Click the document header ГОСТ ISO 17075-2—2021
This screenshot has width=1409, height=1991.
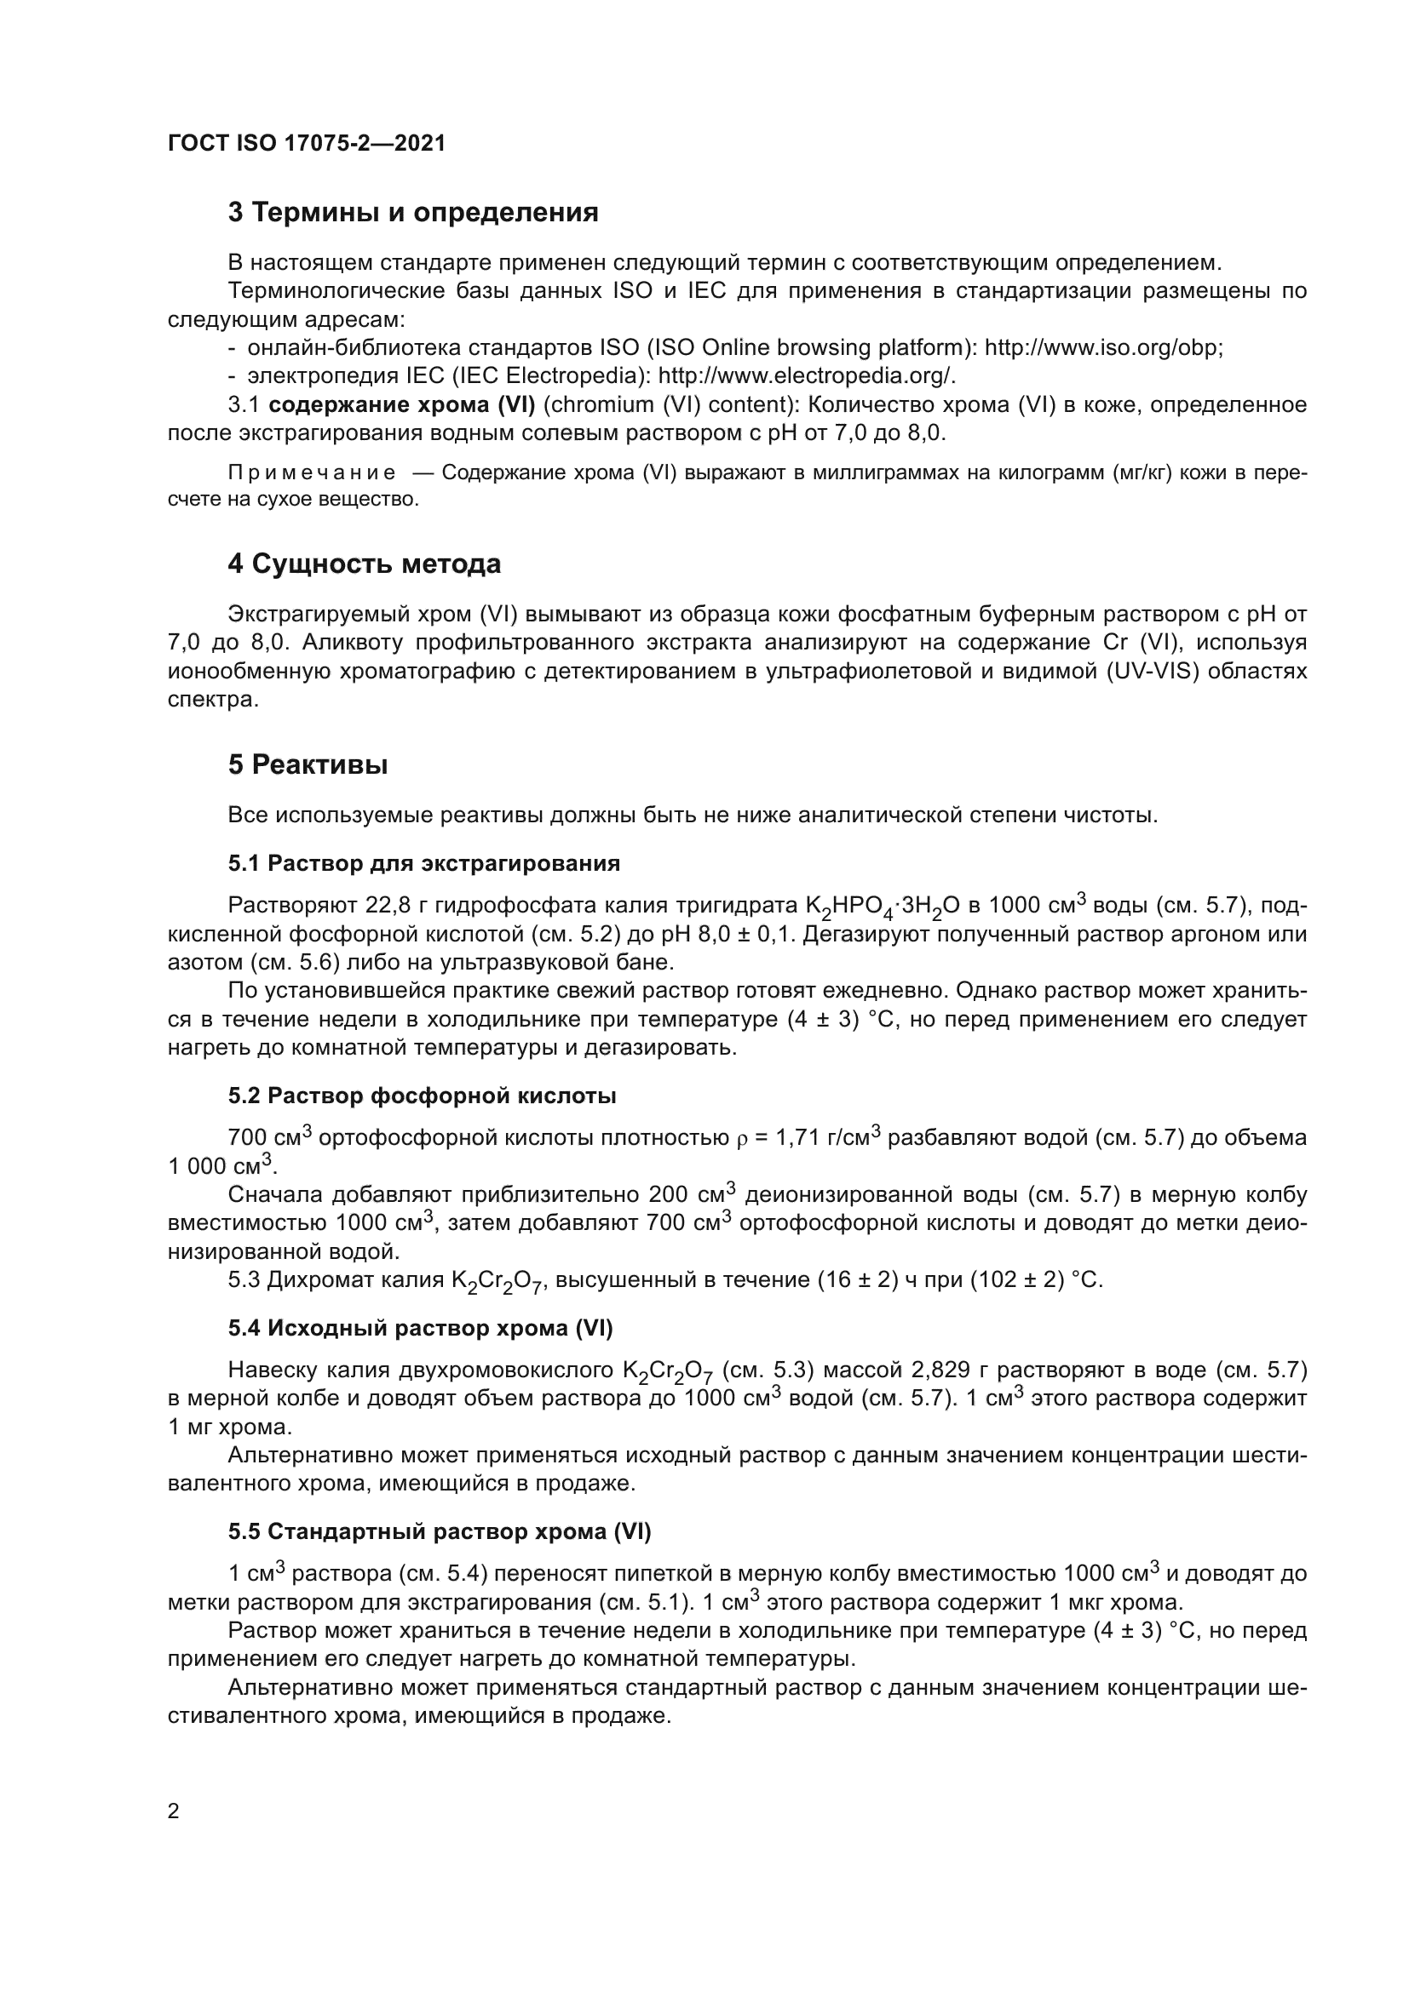307,143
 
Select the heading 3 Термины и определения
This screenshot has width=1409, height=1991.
413,213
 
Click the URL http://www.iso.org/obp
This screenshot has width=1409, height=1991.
1101,348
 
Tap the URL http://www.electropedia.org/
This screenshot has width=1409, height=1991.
806,376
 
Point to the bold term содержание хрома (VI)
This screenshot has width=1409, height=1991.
402,405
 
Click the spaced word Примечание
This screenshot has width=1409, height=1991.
312,473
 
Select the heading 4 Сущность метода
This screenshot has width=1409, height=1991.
365,564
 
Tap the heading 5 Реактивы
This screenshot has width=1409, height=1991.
308,765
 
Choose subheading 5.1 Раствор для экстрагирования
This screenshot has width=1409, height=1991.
424,864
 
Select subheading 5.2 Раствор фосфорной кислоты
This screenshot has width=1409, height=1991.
422,1096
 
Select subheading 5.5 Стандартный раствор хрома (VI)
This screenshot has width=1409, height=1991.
439,1532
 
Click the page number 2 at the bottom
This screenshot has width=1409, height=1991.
174,1811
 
